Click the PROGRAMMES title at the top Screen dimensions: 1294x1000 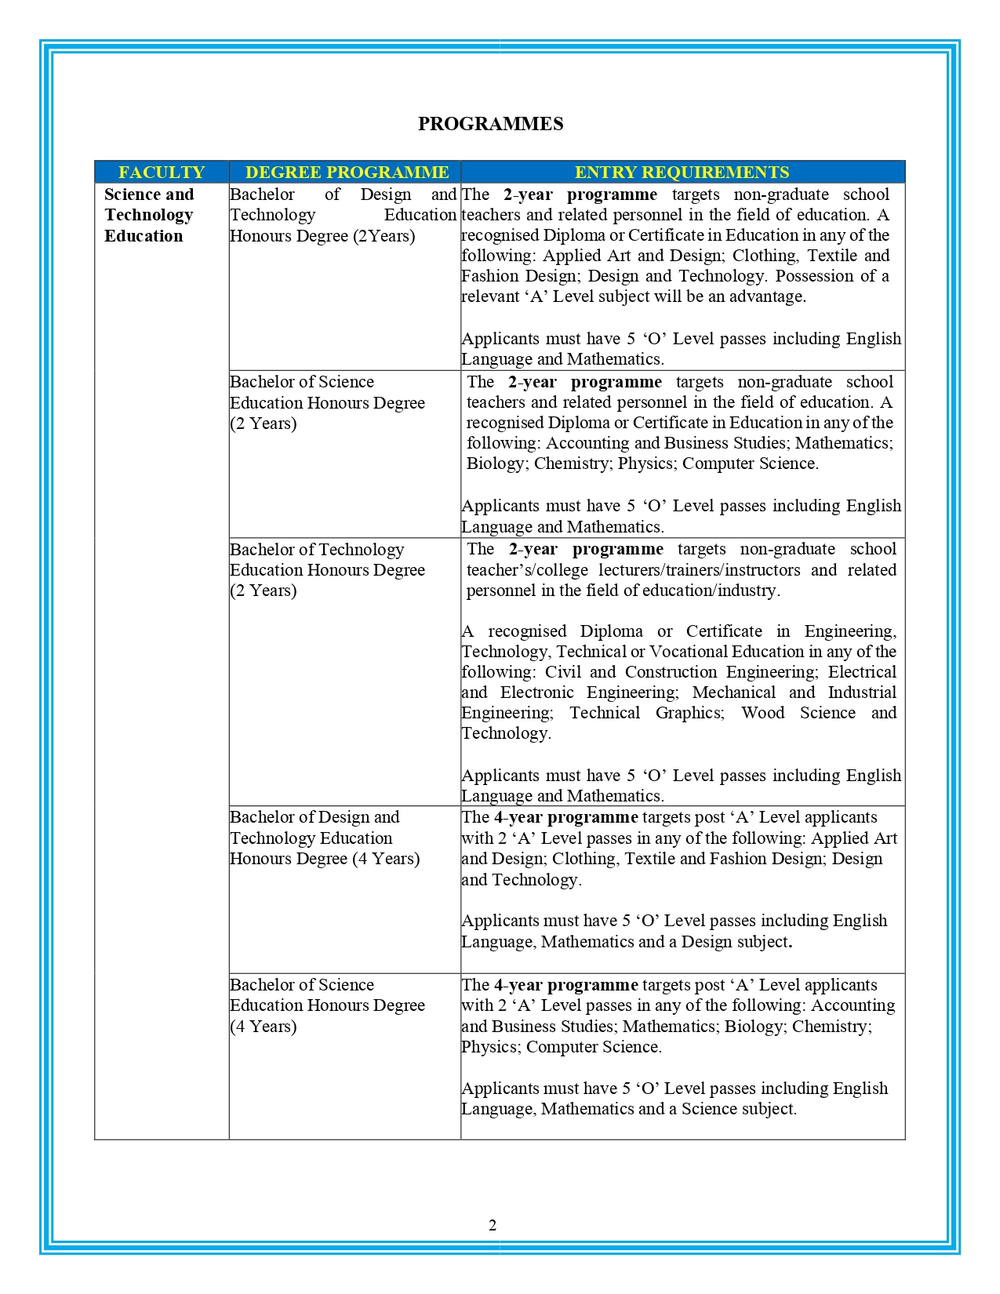490,124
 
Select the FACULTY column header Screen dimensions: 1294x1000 162,172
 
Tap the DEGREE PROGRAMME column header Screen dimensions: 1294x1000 347,172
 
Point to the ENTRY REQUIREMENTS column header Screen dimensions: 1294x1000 682,172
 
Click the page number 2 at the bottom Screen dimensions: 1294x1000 493,1225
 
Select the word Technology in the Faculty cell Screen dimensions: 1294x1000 148,215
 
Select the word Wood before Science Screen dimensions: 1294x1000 762,713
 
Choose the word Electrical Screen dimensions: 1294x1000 862,672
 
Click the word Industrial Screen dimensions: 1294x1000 862,692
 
